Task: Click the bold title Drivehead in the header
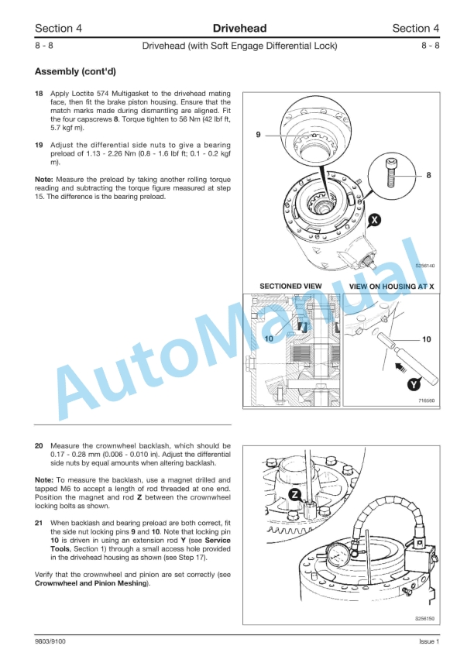point(239,29)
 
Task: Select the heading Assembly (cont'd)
point(75,72)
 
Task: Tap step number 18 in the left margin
point(39,93)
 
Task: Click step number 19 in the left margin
point(39,145)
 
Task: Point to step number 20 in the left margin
point(39,446)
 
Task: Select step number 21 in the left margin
point(39,524)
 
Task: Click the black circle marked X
point(375,220)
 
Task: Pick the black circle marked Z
point(294,494)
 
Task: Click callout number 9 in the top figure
point(258,136)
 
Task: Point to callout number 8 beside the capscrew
point(428,176)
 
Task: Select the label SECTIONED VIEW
point(290,286)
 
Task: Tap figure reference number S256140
point(424,266)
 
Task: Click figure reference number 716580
point(426,400)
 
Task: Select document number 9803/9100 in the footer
point(52,641)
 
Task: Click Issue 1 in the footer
point(428,641)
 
